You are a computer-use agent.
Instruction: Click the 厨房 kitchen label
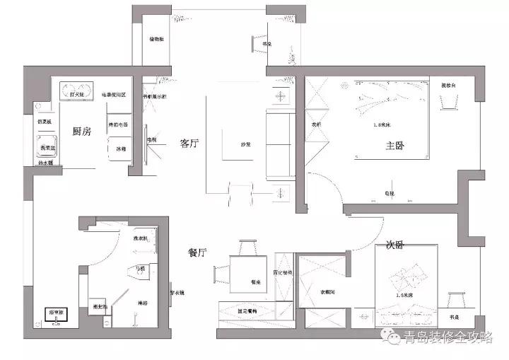click(x=82, y=132)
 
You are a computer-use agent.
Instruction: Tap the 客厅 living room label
click(x=189, y=144)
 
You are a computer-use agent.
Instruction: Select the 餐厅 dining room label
click(x=197, y=252)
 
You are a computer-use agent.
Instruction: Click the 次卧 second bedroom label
click(x=394, y=245)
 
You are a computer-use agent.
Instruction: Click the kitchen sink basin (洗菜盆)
click(x=48, y=147)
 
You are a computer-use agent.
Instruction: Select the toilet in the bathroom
click(x=139, y=269)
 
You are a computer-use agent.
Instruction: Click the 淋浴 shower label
click(x=142, y=301)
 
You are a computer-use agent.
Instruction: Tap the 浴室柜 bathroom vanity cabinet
click(x=54, y=316)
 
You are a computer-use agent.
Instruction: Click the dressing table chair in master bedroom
click(x=447, y=104)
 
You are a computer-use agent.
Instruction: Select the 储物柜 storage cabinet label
click(x=157, y=40)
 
